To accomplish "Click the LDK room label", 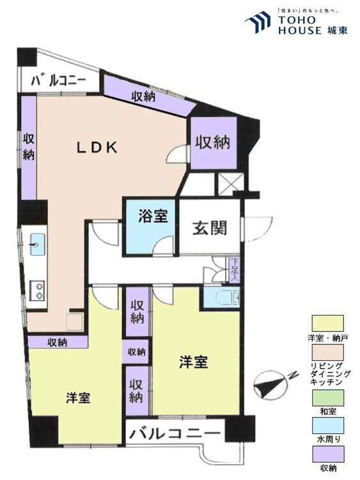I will [97, 147].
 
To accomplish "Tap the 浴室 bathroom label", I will [153, 216].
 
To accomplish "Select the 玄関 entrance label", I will [208, 227].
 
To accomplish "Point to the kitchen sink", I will [36, 243].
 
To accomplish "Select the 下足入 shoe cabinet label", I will [235, 269].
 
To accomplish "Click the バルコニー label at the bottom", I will [175, 433].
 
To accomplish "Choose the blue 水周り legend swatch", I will [327, 426].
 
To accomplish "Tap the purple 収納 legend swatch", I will [327, 454].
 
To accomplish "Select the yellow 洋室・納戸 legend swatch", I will [327, 322].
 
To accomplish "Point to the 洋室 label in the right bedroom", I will [192, 362].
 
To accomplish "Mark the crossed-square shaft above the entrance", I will [228, 183].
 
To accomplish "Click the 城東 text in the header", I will [337, 30].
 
